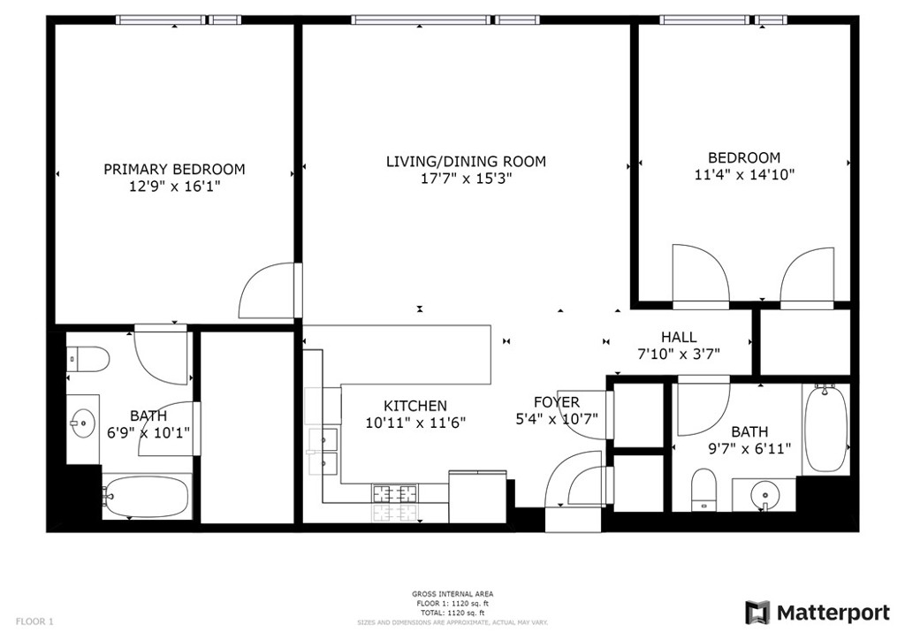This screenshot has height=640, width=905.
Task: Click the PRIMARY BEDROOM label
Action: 174,170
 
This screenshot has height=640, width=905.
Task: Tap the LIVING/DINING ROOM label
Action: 466,162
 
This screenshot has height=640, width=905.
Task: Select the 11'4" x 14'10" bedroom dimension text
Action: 744,174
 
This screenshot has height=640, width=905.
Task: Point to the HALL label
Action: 679,337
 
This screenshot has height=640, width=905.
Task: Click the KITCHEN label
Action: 415,407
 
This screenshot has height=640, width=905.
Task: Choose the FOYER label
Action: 557,402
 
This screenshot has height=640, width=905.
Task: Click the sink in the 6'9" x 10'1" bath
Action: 84,423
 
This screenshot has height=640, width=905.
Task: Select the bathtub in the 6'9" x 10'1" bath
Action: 147,496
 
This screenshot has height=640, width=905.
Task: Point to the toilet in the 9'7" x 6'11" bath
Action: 703,490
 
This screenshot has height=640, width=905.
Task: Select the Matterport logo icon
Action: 757,613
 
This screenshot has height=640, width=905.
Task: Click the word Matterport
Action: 833,613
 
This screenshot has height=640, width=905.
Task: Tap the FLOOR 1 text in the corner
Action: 34,621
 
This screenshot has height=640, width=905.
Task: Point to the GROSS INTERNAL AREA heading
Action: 452,594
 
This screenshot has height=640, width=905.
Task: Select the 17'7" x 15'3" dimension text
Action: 467,179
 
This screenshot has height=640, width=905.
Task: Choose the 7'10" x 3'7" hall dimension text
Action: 679,354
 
